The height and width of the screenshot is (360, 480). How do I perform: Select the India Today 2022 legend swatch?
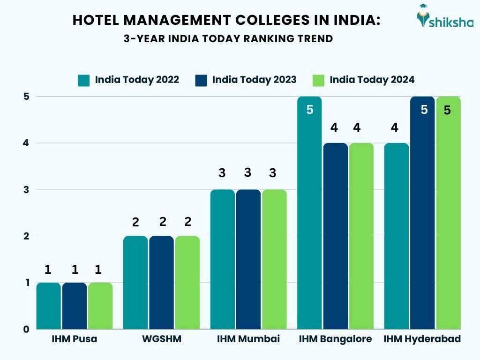click(x=84, y=80)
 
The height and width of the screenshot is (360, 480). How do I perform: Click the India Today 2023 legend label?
click(x=254, y=80)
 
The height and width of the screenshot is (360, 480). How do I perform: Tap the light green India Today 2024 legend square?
click(x=319, y=80)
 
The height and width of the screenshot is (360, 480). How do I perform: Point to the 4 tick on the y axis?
click(x=27, y=143)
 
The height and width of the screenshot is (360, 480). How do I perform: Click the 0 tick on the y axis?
click(x=27, y=329)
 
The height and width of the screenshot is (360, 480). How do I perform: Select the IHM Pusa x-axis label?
click(x=75, y=339)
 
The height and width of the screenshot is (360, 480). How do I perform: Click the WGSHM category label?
click(x=161, y=339)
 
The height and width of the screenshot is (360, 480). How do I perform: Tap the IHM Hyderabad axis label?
click(x=422, y=339)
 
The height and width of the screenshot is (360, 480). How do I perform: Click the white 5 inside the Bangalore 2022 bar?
click(x=309, y=111)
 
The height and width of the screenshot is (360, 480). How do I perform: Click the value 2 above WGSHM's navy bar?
click(x=163, y=221)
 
